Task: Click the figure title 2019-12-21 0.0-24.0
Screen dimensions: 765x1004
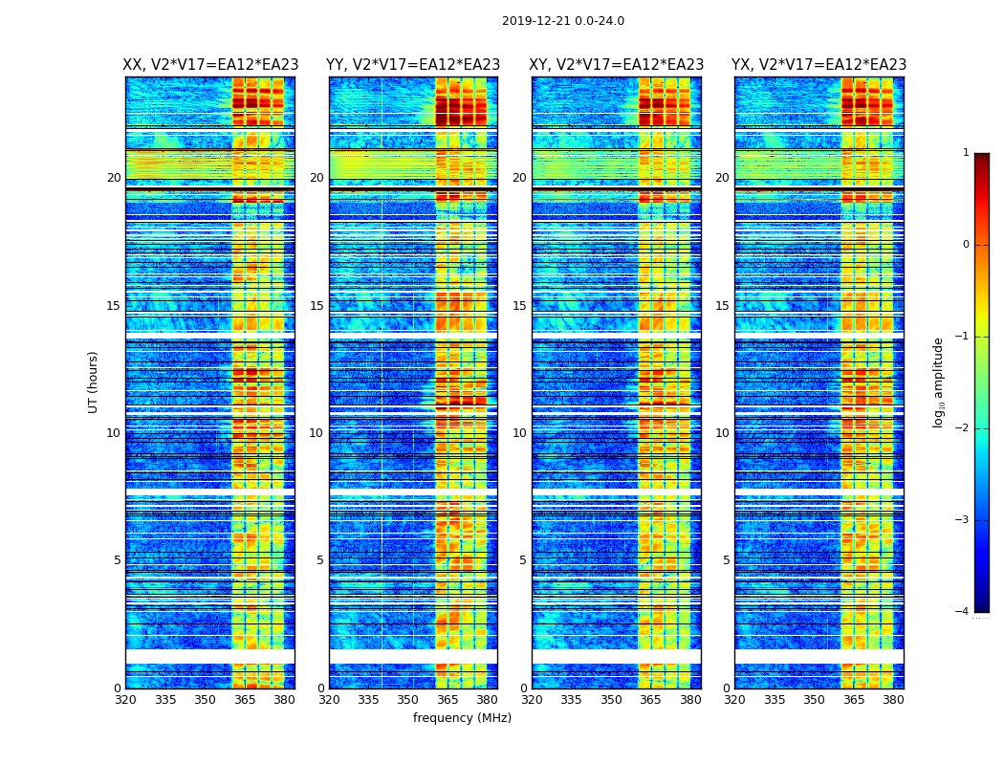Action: click(x=563, y=21)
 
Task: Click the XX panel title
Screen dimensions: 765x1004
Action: click(x=210, y=65)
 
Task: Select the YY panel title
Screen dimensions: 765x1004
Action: click(x=413, y=65)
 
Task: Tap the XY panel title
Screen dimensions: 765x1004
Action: click(x=617, y=65)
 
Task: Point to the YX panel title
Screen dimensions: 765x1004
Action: click(x=819, y=65)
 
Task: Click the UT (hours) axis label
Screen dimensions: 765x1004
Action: click(x=94, y=382)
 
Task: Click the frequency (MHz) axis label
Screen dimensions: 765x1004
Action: click(x=462, y=718)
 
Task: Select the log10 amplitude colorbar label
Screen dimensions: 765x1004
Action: click(x=939, y=382)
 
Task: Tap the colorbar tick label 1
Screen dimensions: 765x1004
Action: click(x=966, y=153)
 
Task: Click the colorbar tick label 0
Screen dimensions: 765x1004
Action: click(x=966, y=245)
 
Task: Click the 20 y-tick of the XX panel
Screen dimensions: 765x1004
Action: click(x=114, y=178)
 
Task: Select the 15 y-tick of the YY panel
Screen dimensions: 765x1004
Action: click(x=316, y=306)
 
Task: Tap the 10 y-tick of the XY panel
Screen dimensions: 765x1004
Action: click(x=519, y=433)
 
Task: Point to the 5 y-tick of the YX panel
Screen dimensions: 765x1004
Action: click(x=726, y=560)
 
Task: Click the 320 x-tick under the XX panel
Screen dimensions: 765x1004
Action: click(x=125, y=700)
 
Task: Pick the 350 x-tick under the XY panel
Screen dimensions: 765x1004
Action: click(x=611, y=700)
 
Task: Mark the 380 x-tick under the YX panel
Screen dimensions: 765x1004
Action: click(x=893, y=700)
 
